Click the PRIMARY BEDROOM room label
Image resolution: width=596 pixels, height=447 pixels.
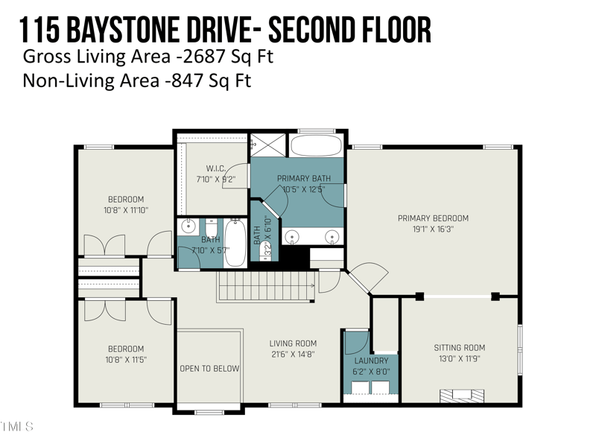[x=433, y=218]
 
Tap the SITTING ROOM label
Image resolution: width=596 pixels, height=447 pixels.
[x=460, y=348]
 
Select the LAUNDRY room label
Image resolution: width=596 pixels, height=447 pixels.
[x=371, y=361]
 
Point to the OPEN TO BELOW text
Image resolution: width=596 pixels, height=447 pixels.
[x=209, y=369]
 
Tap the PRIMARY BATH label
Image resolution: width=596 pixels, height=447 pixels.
[x=303, y=179]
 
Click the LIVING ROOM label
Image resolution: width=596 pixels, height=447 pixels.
[x=293, y=343]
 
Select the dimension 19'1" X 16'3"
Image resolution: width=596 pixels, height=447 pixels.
[x=433, y=229]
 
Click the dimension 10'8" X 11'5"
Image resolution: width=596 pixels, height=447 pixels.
[x=126, y=360]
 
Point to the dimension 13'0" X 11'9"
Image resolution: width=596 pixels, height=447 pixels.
[x=460, y=359]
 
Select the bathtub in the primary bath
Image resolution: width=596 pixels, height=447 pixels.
[x=316, y=145]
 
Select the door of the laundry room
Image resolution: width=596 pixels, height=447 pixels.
[x=358, y=341]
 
